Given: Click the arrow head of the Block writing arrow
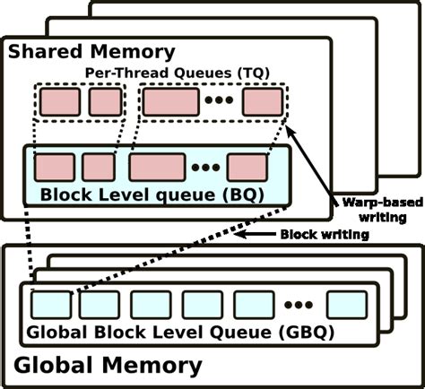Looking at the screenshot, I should pos(237,235).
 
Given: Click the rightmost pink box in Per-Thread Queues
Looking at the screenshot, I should pos(262,102).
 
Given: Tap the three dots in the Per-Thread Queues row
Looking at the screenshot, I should pos(219,102).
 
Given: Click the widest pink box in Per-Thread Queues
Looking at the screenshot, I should pos(169,102).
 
